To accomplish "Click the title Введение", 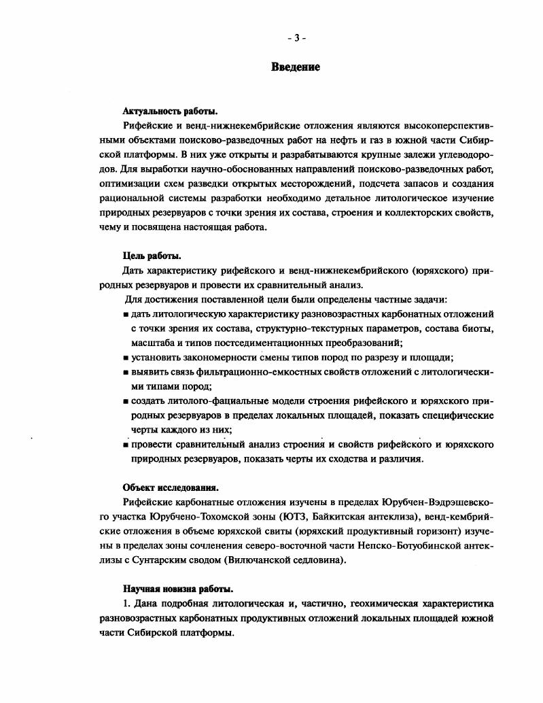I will (x=296, y=67).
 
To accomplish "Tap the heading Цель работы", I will (x=152, y=256).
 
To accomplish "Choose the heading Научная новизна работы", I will (x=178, y=588).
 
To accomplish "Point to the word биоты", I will (x=476, y=328).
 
